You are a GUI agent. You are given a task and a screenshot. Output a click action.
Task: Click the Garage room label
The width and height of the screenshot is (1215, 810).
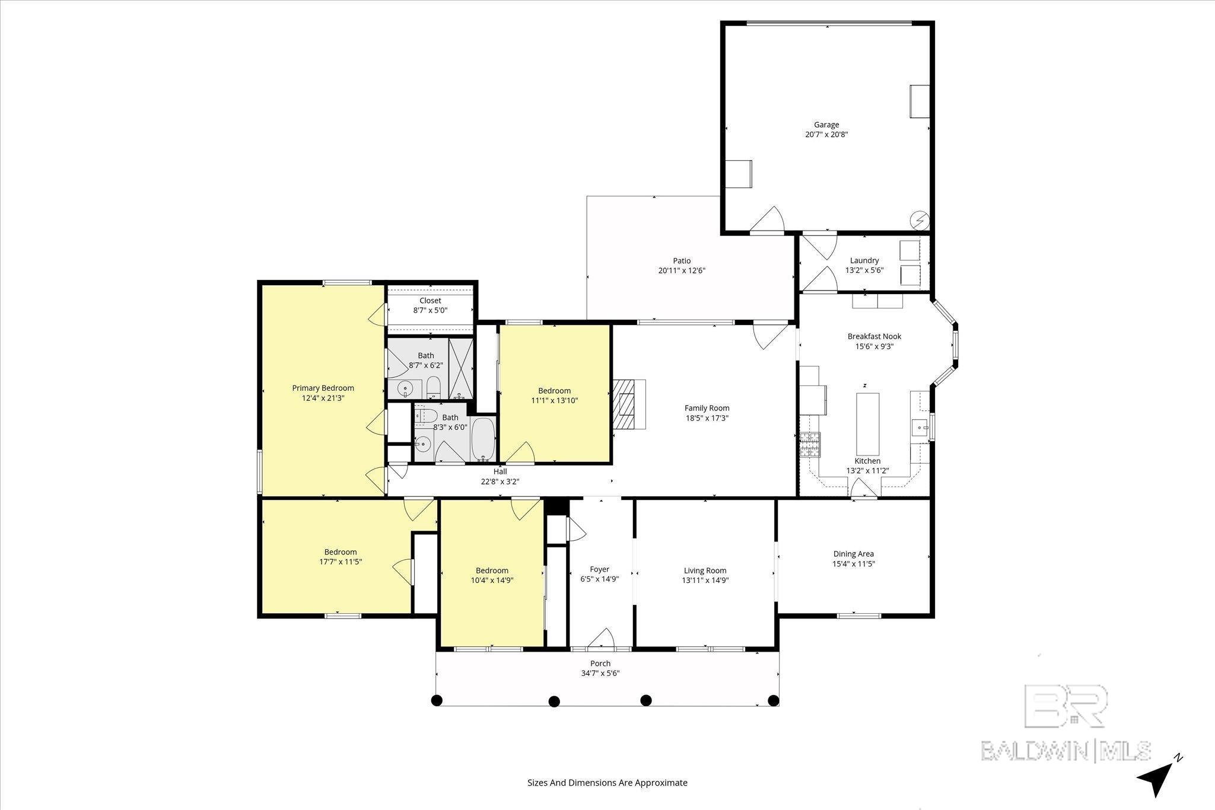click(826, 125)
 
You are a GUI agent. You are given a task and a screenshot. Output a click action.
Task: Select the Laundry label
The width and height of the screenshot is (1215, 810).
click(864, 260)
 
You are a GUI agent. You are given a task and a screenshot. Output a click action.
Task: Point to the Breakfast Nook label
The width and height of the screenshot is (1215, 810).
click(874, 336)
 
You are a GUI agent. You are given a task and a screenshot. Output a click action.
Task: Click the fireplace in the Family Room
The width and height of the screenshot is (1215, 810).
click(629, 404)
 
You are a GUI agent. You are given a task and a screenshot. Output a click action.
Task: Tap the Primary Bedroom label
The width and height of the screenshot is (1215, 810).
click(323, 388)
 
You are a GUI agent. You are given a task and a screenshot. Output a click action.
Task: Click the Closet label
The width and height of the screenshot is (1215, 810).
click(430, 301)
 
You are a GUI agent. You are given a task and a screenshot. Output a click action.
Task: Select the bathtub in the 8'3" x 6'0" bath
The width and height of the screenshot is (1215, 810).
click(484, 439)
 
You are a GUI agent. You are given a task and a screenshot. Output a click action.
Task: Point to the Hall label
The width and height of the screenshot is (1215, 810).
click(500, 471)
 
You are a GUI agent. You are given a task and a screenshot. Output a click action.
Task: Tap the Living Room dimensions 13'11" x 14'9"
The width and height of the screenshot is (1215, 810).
click(705, 581)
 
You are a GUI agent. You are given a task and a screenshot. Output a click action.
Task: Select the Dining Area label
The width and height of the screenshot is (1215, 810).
click(854, 554)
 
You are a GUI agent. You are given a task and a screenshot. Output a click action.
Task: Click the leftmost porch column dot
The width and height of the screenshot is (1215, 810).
click(437, 700)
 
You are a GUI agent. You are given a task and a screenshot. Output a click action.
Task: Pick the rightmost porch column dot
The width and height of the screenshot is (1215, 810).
click(774, 700)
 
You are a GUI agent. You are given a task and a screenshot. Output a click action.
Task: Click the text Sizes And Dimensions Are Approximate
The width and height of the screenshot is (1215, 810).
click(607, 783)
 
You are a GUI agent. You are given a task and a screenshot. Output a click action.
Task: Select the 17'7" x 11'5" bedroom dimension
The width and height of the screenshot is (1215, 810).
click(341, 561)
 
